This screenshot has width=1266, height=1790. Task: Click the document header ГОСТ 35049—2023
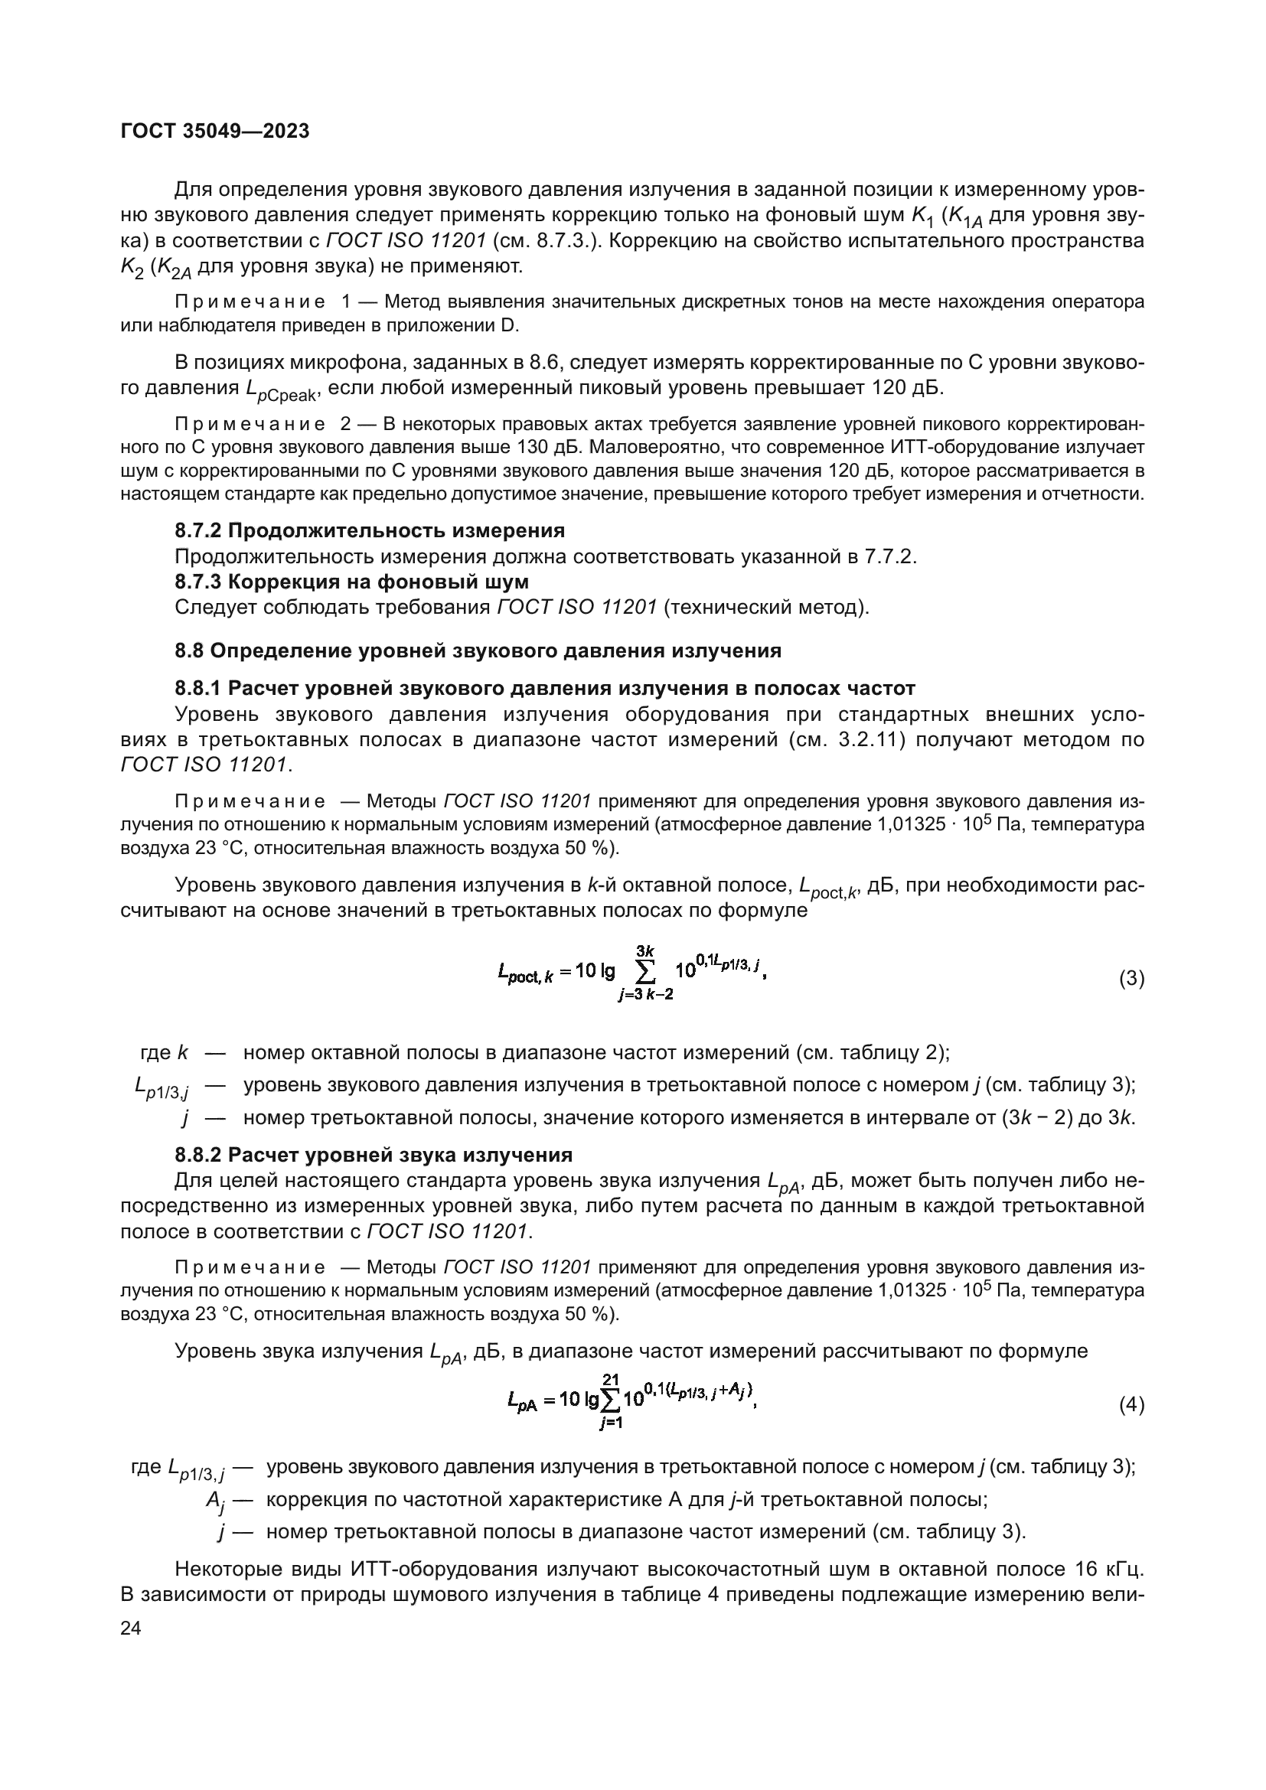click(x=215, y=131)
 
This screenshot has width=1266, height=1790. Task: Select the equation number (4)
click(x=1131, y=1405)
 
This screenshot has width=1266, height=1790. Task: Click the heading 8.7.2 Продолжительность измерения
click(x=370, y=531)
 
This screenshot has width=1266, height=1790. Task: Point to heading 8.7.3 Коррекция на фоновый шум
click(x=351, y=582)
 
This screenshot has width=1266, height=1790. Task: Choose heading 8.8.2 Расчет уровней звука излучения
click(x=374, y=1155)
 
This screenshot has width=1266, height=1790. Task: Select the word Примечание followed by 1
click(x=250, y=302)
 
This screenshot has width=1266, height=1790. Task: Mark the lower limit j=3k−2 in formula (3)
click(x=645, y=996)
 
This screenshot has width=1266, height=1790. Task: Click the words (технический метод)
click(x=765, y=607)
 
